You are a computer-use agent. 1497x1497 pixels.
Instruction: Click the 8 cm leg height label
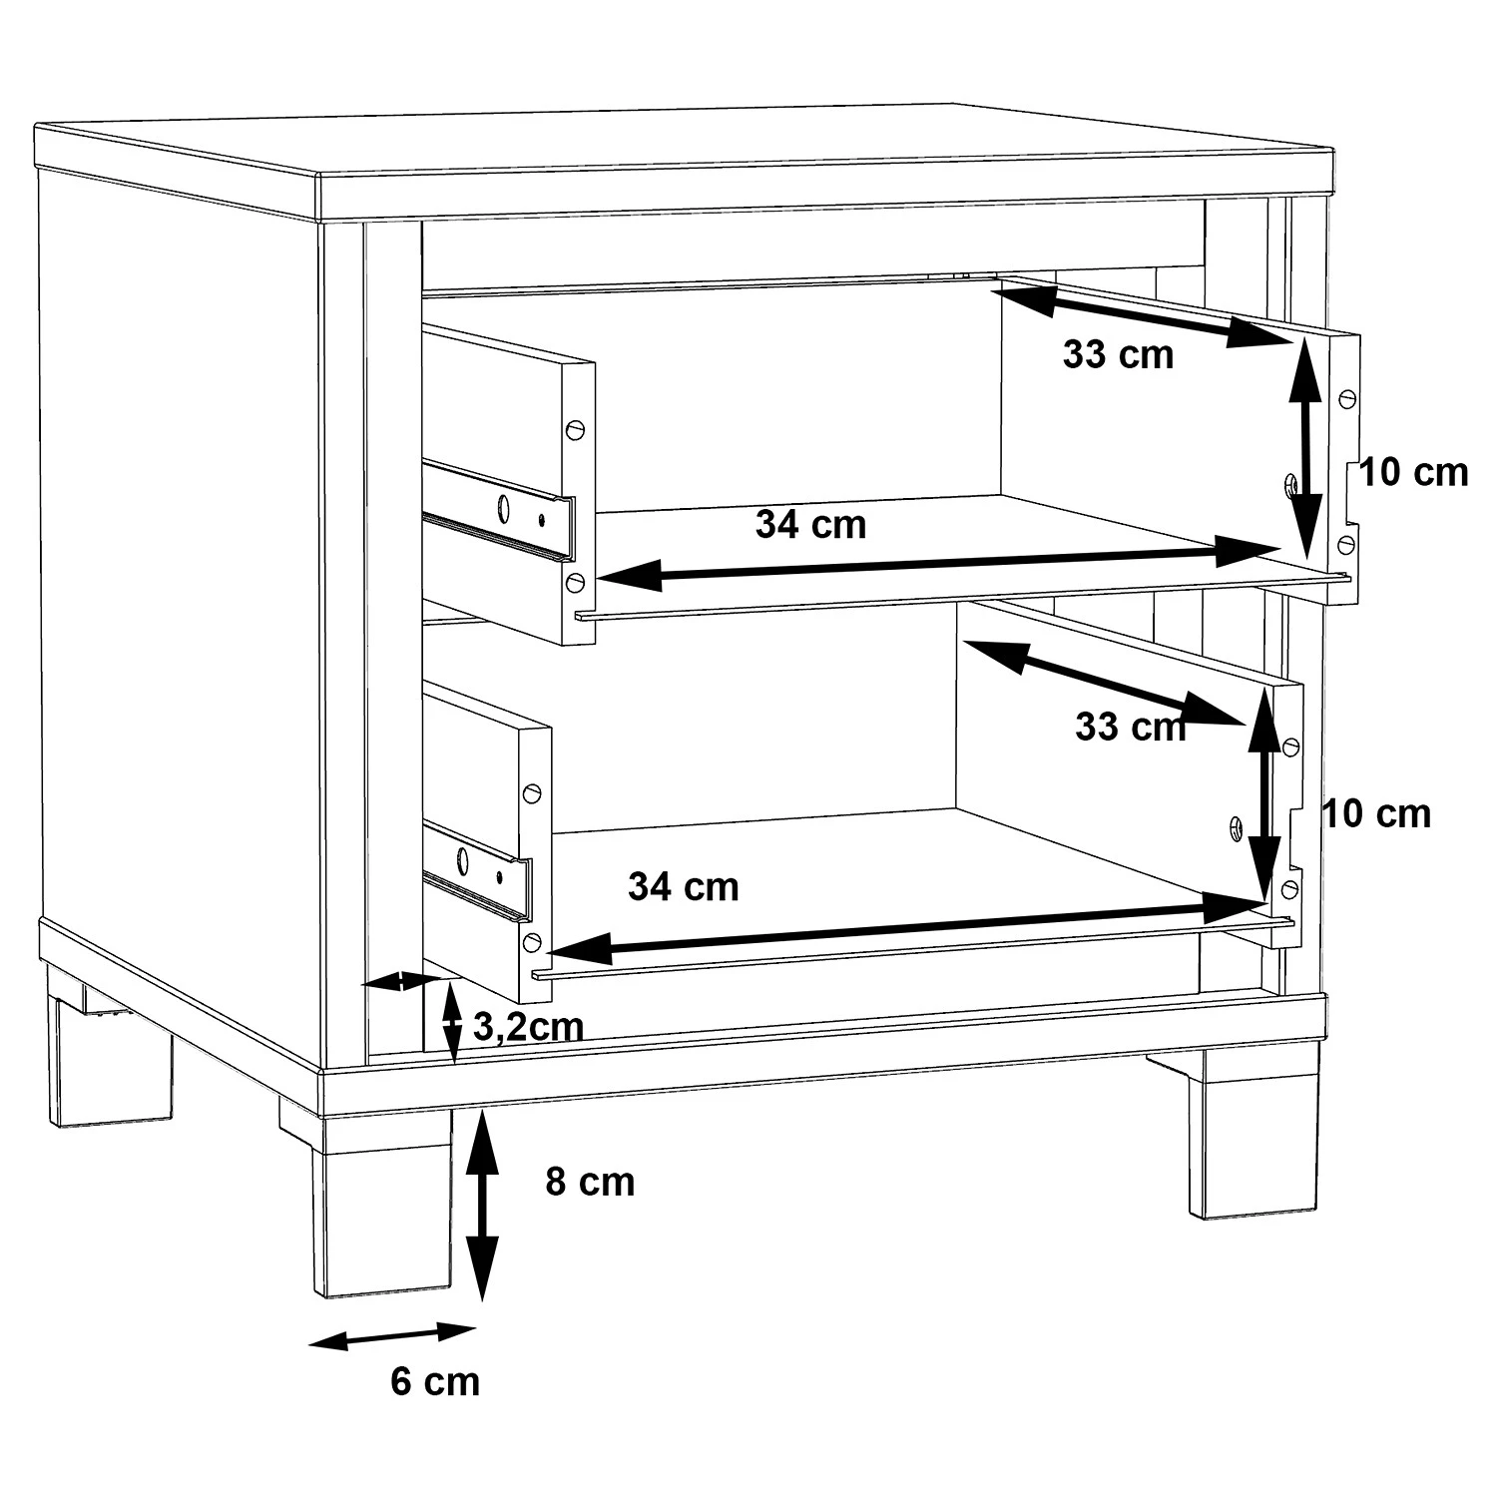[590, 1182]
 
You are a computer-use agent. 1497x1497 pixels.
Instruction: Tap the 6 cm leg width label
[435, 1381]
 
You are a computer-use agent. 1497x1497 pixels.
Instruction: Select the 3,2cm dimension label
[528, 1027]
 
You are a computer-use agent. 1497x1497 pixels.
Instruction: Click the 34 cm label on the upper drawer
[810, 524]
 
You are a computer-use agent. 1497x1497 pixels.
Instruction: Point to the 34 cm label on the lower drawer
[684, 886]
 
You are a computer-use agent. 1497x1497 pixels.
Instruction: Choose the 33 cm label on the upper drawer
[1118, 354]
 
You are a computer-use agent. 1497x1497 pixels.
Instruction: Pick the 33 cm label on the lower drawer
[1131, 727]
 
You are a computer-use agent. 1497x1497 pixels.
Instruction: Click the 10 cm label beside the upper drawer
[1414, 472]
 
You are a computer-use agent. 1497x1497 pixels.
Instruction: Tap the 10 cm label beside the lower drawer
[1377, 814]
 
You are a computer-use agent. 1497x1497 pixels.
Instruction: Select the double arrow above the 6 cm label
[392, 1335]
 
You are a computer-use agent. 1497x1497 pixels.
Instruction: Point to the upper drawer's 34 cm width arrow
[938, 562]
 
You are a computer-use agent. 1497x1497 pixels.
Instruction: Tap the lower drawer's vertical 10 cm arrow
[1264, 794]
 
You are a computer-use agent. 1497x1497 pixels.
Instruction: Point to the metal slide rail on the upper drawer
[499, 510]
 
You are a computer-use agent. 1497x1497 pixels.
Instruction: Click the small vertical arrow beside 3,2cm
[452, 1022]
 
